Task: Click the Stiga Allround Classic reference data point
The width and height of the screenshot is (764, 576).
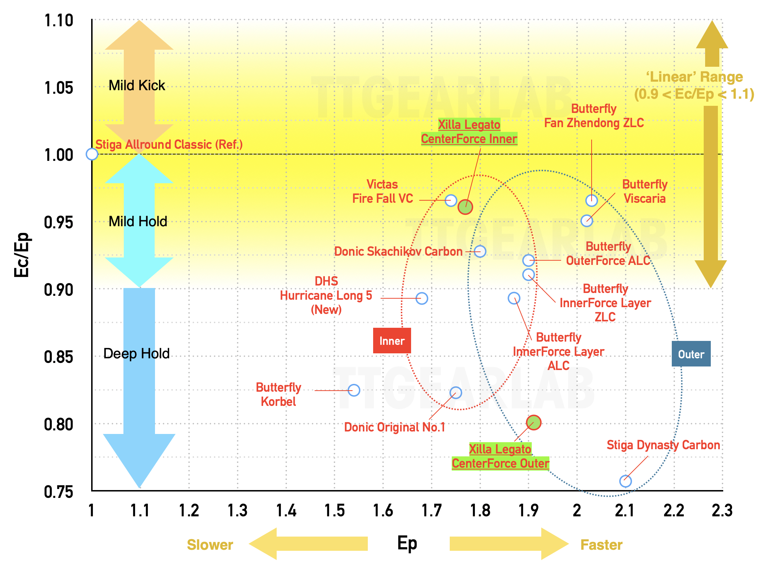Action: (x=92, y=154)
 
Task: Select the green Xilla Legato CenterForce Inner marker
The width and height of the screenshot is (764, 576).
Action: (x=465, y=207)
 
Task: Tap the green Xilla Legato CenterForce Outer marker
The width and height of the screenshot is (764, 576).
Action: (x=533, y=423)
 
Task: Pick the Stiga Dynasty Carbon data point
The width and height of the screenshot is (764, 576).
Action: (x=625, y=481)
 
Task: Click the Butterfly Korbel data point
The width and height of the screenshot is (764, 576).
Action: (x=354, y=390)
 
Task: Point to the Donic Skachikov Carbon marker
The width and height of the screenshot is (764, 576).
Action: (x=480, y=251)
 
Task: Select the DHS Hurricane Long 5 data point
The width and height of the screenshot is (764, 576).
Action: (x=422, y=298)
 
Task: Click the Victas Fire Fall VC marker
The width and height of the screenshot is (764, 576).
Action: (x=451, y=200)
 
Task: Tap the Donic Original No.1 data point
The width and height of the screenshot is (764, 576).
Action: (x=456, y=392)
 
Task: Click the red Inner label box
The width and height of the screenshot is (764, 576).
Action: (x=392, y=341)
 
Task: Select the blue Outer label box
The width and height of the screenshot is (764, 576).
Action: (x=691, y=354)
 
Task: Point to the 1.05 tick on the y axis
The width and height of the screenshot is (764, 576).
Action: (x=59, y=88)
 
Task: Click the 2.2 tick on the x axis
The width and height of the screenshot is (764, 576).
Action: (x=674, y=510)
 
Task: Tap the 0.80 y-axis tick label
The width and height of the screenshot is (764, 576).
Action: (x=59, y=424)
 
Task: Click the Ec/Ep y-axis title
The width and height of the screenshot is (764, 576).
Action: (x=22, y=255)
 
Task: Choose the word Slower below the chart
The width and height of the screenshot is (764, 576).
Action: (x=210, y=545)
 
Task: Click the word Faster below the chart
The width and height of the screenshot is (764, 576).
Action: (x=602, y=545)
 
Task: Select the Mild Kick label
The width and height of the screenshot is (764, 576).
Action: (x=137, y=85)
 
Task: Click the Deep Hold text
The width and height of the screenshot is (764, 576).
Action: (x=137, y=354)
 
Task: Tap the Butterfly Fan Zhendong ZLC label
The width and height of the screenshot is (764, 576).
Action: (x=594, y=116)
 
